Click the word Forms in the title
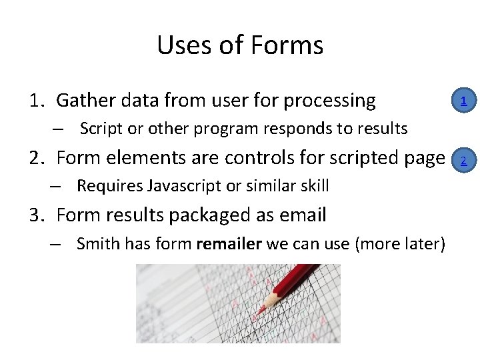(x=288, y=45)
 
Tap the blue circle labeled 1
(x=463, y=101)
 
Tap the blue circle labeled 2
(x=463, y=160)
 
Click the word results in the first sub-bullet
(x=384, y=128)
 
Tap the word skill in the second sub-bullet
(x=314, y=186)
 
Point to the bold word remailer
(x=229, y=244)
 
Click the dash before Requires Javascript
(x=57, y=187)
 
